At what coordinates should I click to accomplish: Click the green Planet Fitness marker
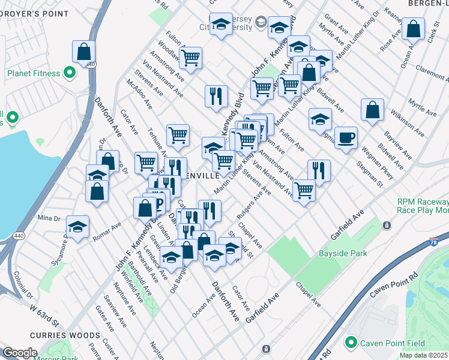click(70, 74)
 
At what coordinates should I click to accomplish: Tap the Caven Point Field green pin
click(351, 343)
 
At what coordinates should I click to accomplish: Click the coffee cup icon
click(346, 138)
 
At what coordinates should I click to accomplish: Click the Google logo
click(20, 353)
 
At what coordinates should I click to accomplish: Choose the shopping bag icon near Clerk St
click(414, 28)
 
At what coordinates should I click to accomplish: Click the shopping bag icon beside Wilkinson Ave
click(373, 110)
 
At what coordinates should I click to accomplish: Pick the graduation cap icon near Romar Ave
click(77, 227)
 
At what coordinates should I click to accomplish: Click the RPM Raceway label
click(423, 203)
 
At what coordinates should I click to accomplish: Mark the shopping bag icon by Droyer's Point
click(83, 52)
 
